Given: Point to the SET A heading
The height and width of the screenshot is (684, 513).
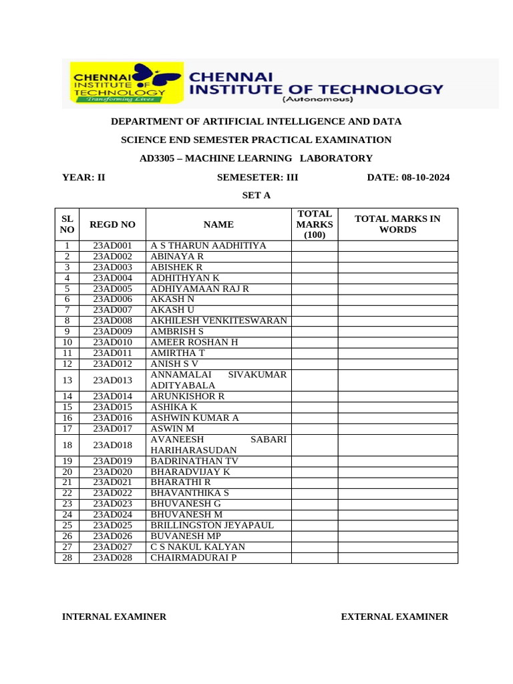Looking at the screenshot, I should point(256,195).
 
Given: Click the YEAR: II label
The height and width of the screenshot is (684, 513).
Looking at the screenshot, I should point(83,177).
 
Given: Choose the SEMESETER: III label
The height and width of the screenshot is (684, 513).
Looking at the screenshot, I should point(258,177).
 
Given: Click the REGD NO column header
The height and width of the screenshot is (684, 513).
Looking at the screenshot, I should point(112,224).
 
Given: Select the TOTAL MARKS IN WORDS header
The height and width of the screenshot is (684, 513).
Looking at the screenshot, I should point(397,224).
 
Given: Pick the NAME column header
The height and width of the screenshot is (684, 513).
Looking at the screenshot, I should point(218,224).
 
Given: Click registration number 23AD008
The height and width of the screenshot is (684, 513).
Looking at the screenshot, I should point(112,321).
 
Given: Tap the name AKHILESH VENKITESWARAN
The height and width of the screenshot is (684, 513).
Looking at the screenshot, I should point(218,321).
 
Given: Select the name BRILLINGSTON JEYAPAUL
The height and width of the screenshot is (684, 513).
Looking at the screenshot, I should point(212,525).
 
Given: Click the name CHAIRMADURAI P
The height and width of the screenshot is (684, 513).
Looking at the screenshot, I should point(193,557).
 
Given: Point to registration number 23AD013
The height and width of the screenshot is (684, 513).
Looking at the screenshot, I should point(112,380).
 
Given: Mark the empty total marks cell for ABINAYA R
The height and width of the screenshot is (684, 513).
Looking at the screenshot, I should point(314,256).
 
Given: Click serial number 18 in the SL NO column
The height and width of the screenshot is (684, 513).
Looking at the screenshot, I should point(67,445).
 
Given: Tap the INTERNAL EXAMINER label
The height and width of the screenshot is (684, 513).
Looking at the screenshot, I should point(114,617).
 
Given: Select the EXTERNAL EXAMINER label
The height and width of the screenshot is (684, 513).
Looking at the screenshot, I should point(394,617).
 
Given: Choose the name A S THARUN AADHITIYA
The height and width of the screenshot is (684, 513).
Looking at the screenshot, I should point(208,246).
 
